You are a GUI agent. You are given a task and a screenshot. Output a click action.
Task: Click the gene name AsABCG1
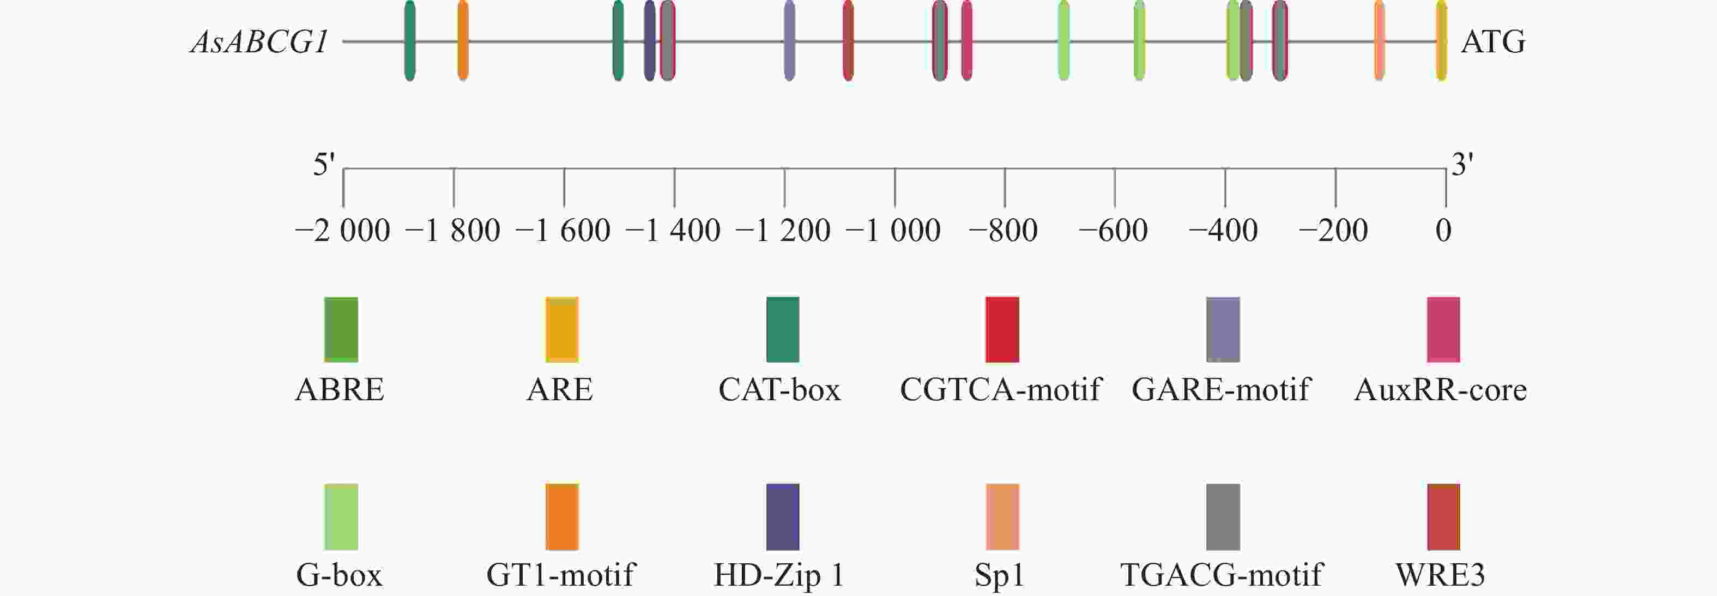tap(260, 43)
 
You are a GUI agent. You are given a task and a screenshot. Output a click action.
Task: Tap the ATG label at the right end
tap(1493, 43)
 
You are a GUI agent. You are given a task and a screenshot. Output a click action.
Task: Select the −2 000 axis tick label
tap(343, 231)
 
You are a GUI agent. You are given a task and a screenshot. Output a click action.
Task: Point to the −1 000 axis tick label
tap(893, 231)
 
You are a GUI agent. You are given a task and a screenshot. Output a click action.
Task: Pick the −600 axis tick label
tap(1113, 231)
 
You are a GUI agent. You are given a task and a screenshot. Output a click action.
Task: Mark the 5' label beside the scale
tap(324, 164)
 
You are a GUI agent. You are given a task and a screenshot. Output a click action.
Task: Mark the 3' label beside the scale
tap(1462, 164)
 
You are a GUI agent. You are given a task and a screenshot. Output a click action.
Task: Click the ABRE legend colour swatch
tap(341, 329)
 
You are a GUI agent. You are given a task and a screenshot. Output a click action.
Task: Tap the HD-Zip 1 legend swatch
tap(783, 517)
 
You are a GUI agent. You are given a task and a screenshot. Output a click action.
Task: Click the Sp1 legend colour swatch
tap(1002, 517)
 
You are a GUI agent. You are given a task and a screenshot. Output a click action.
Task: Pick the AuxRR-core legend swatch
tap(1443, 329)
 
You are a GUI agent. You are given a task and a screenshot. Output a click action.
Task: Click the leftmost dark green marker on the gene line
tap(410, 41)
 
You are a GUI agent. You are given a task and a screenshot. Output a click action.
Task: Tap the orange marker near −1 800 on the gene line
tap(463, 41)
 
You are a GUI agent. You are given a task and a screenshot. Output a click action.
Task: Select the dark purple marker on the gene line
tap(649, 41)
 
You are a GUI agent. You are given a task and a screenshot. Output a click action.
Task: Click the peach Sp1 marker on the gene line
tap(1379, 41)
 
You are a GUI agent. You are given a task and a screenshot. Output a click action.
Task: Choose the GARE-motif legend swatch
tap(1223, 329)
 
